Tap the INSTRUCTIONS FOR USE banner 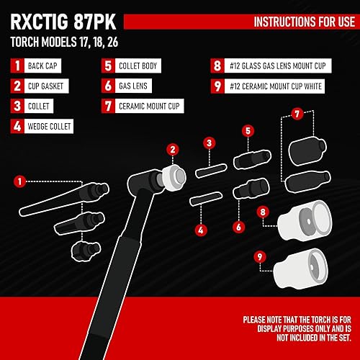point(298,22)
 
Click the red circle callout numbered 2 point(172,150)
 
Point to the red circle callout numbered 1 point(19,181)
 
